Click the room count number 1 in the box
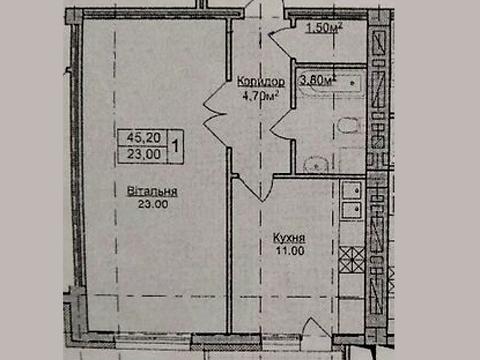coord(177,146)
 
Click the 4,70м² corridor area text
coord(262,97)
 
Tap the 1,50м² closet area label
coord(324,27)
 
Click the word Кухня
coord(288,239)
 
